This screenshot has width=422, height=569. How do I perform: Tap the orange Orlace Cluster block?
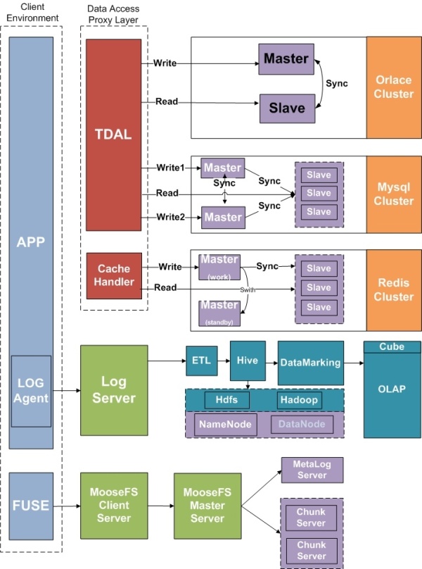(393, 87)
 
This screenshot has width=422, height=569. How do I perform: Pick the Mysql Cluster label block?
(393, 194)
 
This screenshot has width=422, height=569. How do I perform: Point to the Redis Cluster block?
(393, 289)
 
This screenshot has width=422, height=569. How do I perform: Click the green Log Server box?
(114, 389)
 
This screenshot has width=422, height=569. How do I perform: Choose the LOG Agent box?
(32, 391)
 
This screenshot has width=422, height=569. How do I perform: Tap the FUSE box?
(32, 504)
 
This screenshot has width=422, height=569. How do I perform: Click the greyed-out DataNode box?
(301, 424)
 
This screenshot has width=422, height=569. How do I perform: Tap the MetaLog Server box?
(312, 470)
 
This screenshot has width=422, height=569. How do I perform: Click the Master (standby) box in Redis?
(219, 311)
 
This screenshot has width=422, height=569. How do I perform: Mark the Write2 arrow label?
(172, 216)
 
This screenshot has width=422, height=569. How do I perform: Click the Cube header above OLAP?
(391, 346)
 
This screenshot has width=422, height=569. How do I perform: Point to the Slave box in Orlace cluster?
(287, 108)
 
